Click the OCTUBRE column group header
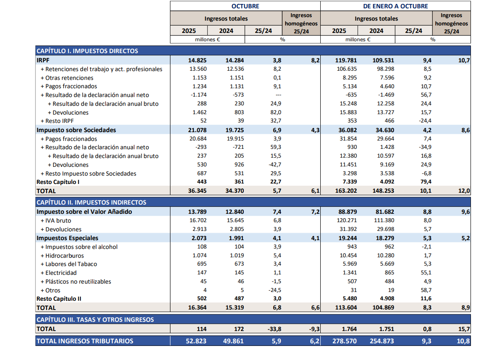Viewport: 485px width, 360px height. (245, 6)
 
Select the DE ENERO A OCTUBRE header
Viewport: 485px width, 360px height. (395, 6)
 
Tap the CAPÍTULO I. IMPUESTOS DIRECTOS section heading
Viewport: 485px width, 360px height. (87, 51)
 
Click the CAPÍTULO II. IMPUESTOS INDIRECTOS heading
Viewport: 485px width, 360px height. (91, 202)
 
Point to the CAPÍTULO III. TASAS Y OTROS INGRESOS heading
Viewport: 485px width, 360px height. (95, 320)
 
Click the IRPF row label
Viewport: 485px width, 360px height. (43, 60)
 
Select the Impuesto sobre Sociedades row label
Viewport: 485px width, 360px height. (76, 130)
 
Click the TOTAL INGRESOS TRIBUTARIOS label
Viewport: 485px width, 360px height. (85, 341)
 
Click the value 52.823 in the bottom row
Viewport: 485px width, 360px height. (197, 341)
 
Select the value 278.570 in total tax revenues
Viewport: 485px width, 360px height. (346, 341)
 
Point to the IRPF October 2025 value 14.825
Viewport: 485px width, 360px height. (198, 60)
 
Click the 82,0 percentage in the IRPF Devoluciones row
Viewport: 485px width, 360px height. (276, 112)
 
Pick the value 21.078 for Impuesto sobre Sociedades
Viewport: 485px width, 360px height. (198, 130)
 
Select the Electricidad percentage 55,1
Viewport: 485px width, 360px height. (426, 273)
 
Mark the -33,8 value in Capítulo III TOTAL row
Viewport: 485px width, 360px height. (274, 329)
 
